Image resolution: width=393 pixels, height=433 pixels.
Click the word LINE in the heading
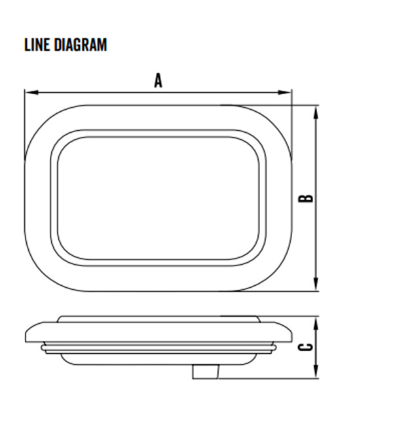35,45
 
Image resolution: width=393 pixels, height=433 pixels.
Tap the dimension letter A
158,81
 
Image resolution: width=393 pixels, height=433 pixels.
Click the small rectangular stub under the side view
205,372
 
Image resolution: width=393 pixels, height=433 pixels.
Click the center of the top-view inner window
158,198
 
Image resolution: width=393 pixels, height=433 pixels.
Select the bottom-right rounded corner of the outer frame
275,275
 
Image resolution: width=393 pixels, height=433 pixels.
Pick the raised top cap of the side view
158,319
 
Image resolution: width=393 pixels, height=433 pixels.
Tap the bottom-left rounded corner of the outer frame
41,275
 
